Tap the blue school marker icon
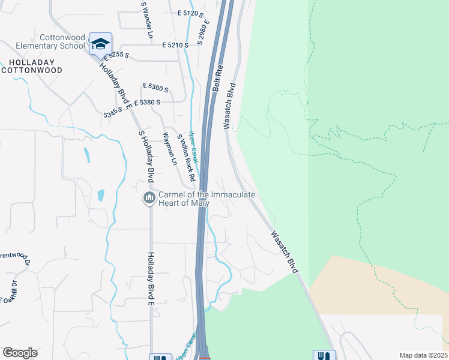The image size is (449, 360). point(101,43)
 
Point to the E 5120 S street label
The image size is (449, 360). point(191,13)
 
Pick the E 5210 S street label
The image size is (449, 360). point(175,45)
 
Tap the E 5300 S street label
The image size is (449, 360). point(155,88)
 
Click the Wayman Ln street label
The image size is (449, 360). point(170,149)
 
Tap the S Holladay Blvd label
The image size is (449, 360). point(146,157)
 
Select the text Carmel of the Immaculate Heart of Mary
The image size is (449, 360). point(207,198)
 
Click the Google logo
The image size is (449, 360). point(20,353)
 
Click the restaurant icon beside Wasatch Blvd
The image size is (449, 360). point(323,356)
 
